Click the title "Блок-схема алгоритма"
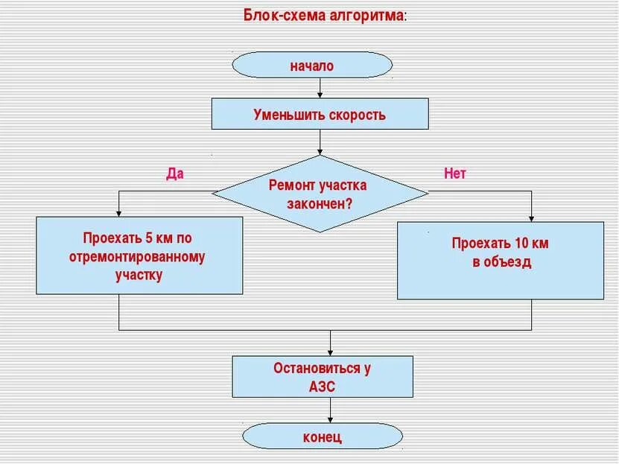click(x=325, y=15)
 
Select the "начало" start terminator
click(x=312, y=66)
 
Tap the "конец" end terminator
click(x=322, y=436)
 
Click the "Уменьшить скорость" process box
click(x=320, y=115)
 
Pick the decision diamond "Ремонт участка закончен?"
click(x=320, y=194)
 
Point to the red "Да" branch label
click(x=174, y=174)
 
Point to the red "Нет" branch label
click(x=454, y=174)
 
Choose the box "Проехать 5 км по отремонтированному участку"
click(x=139, y=255)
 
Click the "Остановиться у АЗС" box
click(x=322, y=377)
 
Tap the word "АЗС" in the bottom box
click(x=322, y=387)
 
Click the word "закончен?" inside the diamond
click(x=320, y=203)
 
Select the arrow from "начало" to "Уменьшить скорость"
click(x=320, y=88)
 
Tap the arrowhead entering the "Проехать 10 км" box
click(x=532, y=217)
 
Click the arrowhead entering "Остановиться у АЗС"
click(x=331, y=352)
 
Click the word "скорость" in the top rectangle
click(x=357, y=115)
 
